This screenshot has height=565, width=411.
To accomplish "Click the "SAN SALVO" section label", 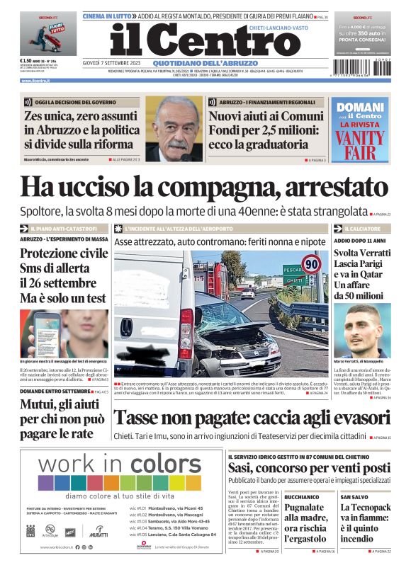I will pos(354,497).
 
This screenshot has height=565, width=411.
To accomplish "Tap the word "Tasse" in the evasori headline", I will pos(142,418).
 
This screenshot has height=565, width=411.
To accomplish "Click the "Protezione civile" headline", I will pos(64,253).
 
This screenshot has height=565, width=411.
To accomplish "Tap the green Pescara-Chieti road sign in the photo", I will pos(293,275).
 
